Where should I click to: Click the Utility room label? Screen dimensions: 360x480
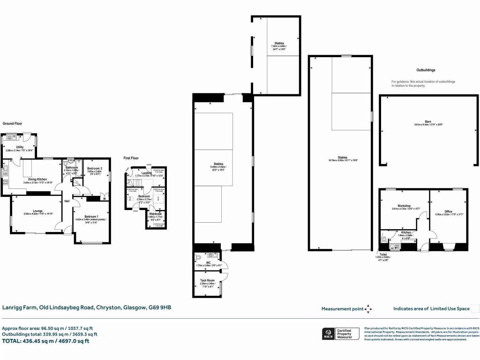click(x=20, y=147)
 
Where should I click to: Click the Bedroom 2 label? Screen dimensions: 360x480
click(x=95, y=168)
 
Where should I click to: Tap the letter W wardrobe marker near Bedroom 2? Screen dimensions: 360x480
click(x=104, y=198)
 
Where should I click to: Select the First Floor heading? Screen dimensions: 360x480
click(x=131, y=158)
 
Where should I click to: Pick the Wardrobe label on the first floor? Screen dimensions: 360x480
click(x=155, y=214)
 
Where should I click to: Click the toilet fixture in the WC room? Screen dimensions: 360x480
click(x=198, y=257)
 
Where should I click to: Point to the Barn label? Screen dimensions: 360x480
click(x=428, y=121)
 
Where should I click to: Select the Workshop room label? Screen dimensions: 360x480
click(x=404, y=206)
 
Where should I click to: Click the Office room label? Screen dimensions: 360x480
click(x=448, y=211)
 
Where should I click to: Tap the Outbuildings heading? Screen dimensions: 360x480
click(x=426, y=70)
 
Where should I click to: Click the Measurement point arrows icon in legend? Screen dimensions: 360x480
click(x=368, y=309)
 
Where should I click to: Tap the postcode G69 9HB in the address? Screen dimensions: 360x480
click(x=161, y=307)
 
